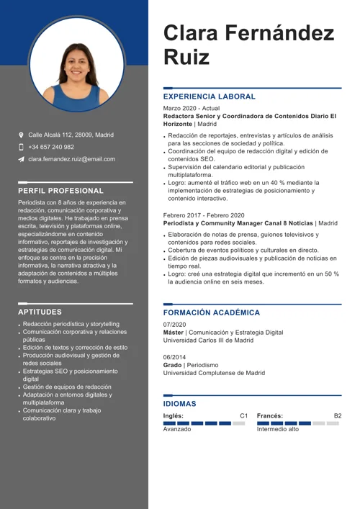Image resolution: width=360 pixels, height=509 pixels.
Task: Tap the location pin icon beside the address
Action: (x=21, y=135)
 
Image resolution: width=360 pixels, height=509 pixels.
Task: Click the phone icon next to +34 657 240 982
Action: (x=21, y=147)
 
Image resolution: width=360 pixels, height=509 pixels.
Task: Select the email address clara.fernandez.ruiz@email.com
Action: (x=71, y=159)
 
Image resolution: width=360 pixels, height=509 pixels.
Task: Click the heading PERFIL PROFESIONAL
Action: (x=60, y=191)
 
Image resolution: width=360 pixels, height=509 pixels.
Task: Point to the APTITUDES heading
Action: (x=40, y=312)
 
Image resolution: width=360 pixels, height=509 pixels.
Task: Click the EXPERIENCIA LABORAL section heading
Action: (x=209, y=96)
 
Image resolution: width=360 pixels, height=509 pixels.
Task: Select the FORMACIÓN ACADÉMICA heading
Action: (x=212, y=313)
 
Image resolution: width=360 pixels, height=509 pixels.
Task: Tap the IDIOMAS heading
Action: (x=180, y=405)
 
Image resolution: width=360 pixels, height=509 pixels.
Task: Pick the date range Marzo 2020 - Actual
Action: (x=192, y=108)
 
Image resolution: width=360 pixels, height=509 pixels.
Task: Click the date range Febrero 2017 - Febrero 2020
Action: (x=204, y=215)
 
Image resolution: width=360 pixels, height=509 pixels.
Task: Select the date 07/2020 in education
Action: (x=174, y=325)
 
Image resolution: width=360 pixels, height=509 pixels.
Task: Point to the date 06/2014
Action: (x=174, y=357)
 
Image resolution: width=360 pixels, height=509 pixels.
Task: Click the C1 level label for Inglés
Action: (x=243, y=416)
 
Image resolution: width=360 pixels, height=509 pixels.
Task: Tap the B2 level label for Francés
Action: (x=338, y=416)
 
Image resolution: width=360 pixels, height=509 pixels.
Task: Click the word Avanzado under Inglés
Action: (x=177, y=429)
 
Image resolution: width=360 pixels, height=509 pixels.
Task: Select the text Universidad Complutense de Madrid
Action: (x=214, y=373)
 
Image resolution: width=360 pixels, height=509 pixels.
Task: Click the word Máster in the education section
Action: (x=173, y=333)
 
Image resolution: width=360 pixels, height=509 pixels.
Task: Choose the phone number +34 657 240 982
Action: (x=51, y=147)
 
